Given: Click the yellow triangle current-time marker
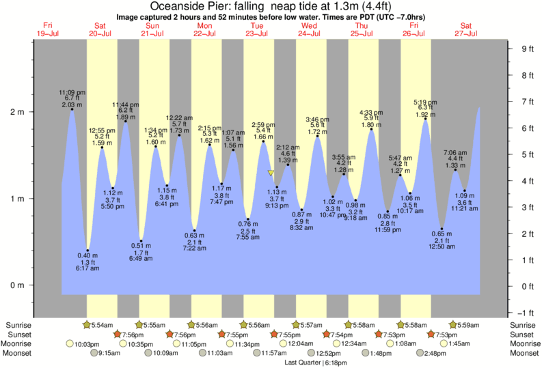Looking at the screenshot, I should click(271, 173).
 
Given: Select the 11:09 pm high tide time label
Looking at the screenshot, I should click(72, 92).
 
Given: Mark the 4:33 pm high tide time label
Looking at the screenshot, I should click(372, 112).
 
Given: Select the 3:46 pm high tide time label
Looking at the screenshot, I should click(318, 119).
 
